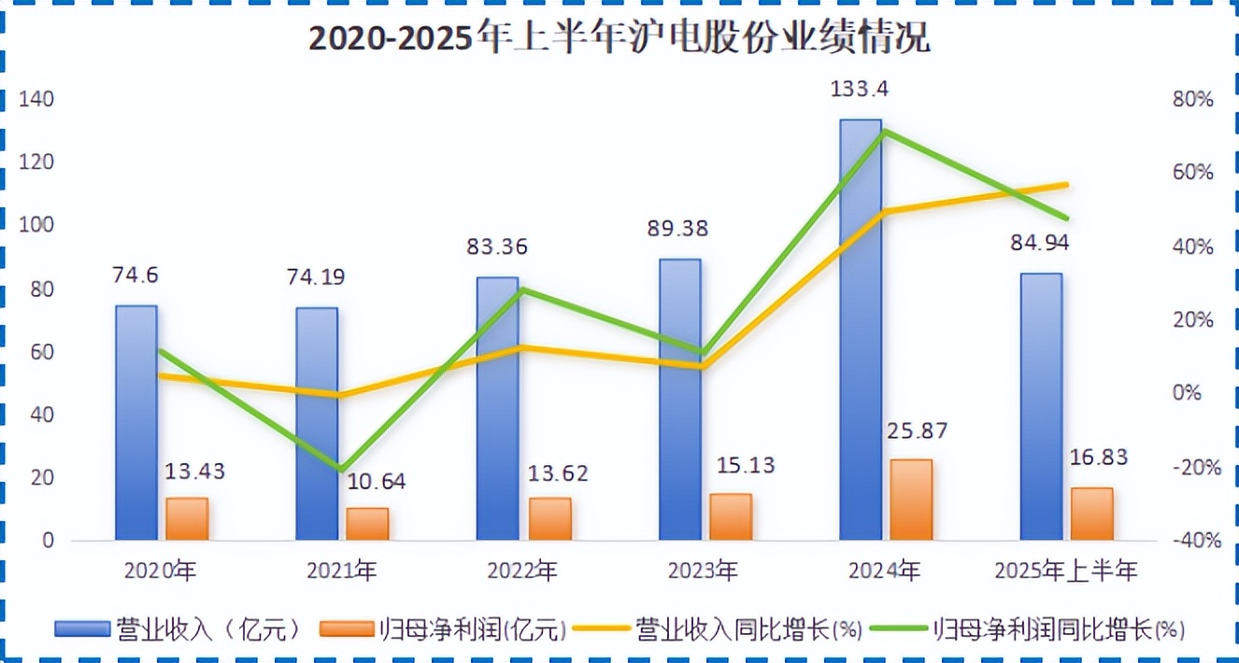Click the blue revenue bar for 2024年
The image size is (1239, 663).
[x=860, y=374]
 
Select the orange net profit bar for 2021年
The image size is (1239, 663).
[x=367, y=524]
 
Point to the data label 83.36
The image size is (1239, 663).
[x=497, y=247]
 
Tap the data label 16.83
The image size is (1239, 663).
[x=1097, y=458]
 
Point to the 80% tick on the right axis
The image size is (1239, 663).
[x=1191, y=99]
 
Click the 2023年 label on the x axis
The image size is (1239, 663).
[x=704, y=570]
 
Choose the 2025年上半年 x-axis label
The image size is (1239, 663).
[x=1066, y=570]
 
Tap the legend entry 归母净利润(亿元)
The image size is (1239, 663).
[x=444, y=628]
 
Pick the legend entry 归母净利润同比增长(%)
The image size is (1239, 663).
[x=1028, y=628]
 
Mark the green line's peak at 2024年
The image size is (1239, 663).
[x=883, y=131]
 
